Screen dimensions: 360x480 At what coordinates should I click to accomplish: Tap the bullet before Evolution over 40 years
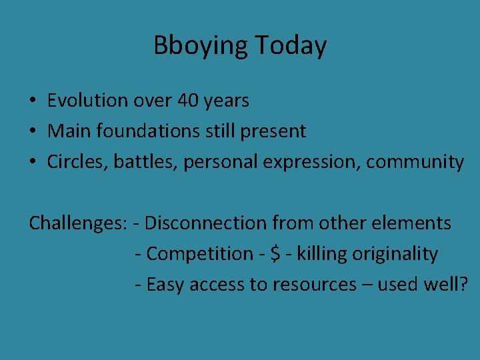coord(32,101)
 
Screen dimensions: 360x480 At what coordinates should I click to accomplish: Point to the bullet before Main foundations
coord(32,132)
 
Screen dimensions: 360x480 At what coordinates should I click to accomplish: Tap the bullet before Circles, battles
coord(32,163)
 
